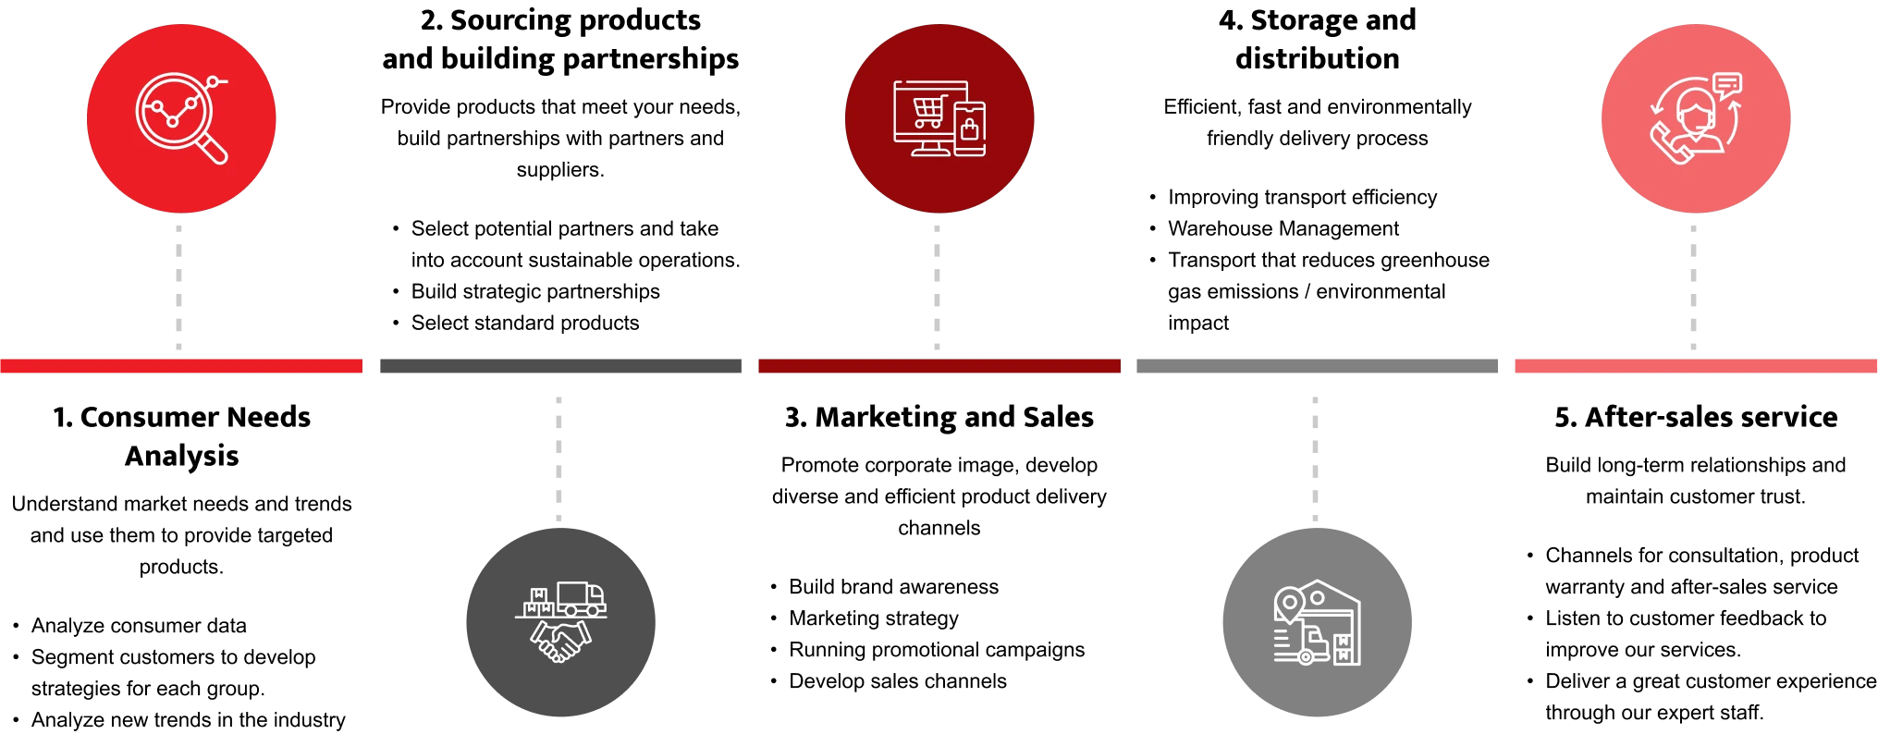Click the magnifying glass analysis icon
[x=181, y=118]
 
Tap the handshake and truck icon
[x=560, y=622]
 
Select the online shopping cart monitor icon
[x=939, y=118]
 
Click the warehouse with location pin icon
[x=1317, y=622]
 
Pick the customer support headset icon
[x=1696, y=118]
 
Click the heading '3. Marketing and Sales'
[x=939, y=417]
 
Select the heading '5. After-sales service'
[x=1696, y=417]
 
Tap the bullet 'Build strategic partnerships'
[x=535, y=291]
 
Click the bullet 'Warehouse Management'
[x=1283, y=228]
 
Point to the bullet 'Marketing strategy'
[x=874, y=618]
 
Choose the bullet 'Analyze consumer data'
[x=139, y=626]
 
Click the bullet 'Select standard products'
[x=525, y=323]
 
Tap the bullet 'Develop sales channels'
[x=898, y=681]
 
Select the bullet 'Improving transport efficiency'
[x=1303, y=197]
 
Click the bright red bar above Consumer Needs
[x=181, y=366]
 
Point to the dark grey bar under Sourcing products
[x=560, y=366]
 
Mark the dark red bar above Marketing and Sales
[x=939, y=366]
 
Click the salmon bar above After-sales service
[x=1696, y=366]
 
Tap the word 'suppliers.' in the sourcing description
[x=560, y=170]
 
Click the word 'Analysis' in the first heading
[x=182, y=456]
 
